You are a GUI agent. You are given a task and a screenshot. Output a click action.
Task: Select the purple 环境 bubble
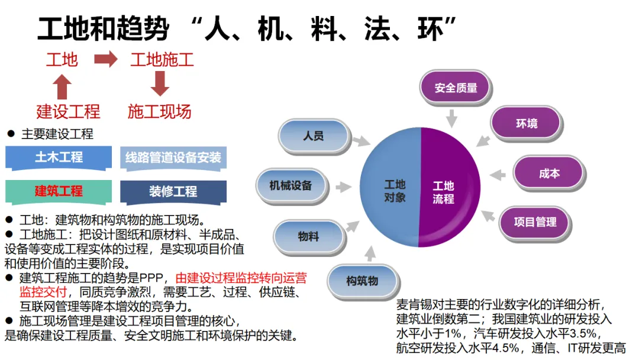(x=526, y=124)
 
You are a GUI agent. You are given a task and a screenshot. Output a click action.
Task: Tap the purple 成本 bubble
(x=548, y=174)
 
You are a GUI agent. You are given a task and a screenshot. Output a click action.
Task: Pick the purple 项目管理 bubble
(x=535, y=223)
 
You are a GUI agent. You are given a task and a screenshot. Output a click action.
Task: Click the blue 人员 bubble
(x=313, y=136)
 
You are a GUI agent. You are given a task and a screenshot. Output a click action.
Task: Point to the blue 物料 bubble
(x=308, y=236)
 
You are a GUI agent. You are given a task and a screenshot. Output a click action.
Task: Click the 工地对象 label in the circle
(x=395, y=191)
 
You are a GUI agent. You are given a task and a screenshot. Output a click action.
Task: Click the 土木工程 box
(x=59, y=157)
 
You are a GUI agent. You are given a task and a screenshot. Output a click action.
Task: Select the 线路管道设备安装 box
(x=173, y=158)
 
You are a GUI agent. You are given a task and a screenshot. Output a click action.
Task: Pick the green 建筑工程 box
(x=59, y=191)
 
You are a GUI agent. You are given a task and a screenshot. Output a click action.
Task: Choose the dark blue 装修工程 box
(x=173, y=192)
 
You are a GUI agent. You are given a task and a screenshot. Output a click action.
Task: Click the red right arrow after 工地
(x=106, y=59)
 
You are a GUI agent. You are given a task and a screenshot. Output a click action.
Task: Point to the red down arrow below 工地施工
(x=160, y=83)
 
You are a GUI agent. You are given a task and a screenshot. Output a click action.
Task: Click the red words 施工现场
(x=159, y=111)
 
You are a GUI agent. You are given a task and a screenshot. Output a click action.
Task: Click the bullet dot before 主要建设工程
(x=10, y=134)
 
